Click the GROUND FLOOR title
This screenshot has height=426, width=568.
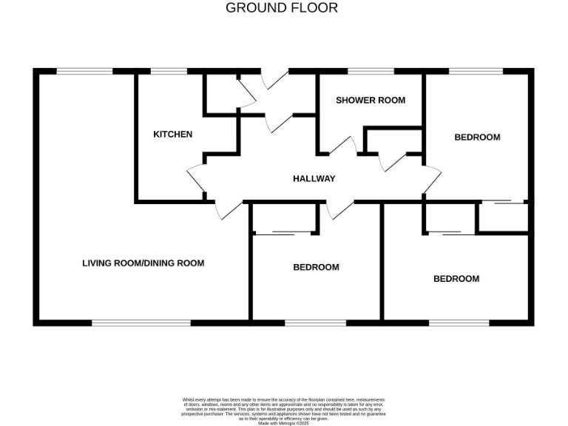pos(282,8)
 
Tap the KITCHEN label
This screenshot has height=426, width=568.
pos(172,134)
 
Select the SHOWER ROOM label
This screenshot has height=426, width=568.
pos(371,100)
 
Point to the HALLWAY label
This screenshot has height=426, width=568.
pos(314,178)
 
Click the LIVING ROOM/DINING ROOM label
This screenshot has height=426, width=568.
pos(143,263)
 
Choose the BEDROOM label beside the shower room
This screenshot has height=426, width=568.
pos(477,137)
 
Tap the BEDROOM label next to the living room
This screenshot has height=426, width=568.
pos(316,267)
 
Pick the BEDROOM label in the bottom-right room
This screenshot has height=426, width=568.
pos(456,279)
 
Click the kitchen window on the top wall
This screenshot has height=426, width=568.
pos(169,71)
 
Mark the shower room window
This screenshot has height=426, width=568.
pos(371,71)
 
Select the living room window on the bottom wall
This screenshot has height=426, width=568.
pos(141,322)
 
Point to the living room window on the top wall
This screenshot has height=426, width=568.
pos(85,71)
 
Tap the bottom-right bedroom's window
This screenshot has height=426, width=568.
pos(459,322)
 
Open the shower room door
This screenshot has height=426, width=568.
pos(342,146)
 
